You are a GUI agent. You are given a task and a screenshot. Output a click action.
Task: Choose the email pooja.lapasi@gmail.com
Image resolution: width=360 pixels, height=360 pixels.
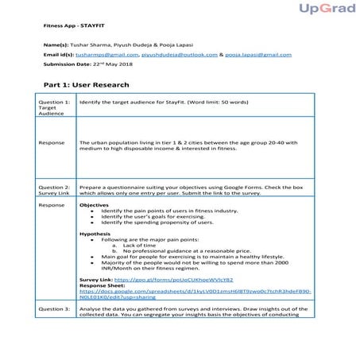[x=258, y=56]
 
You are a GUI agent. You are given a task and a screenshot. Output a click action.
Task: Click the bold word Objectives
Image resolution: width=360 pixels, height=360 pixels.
[x=95, y=205]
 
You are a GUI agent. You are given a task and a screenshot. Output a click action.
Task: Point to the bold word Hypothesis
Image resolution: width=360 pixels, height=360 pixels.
[x=95, y=234]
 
